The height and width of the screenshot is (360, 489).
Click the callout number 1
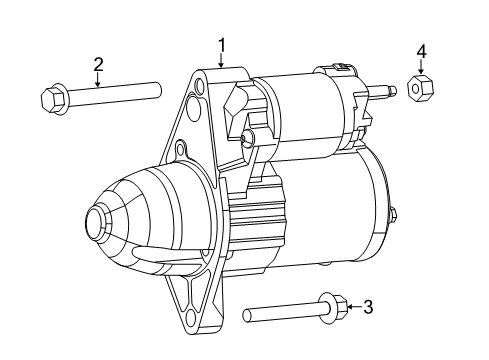pos(222,44)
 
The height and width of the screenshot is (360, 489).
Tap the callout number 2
pos(98,65)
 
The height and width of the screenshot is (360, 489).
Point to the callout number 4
pos(421,50)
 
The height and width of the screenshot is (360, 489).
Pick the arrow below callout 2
pos(98,81)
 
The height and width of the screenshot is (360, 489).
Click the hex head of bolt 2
pos(52,100)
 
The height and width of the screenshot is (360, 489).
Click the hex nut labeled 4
pos(421,88)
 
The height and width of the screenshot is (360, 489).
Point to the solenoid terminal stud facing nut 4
pos(384,93)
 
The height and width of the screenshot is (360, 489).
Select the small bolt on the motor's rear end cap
pos(393,213)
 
